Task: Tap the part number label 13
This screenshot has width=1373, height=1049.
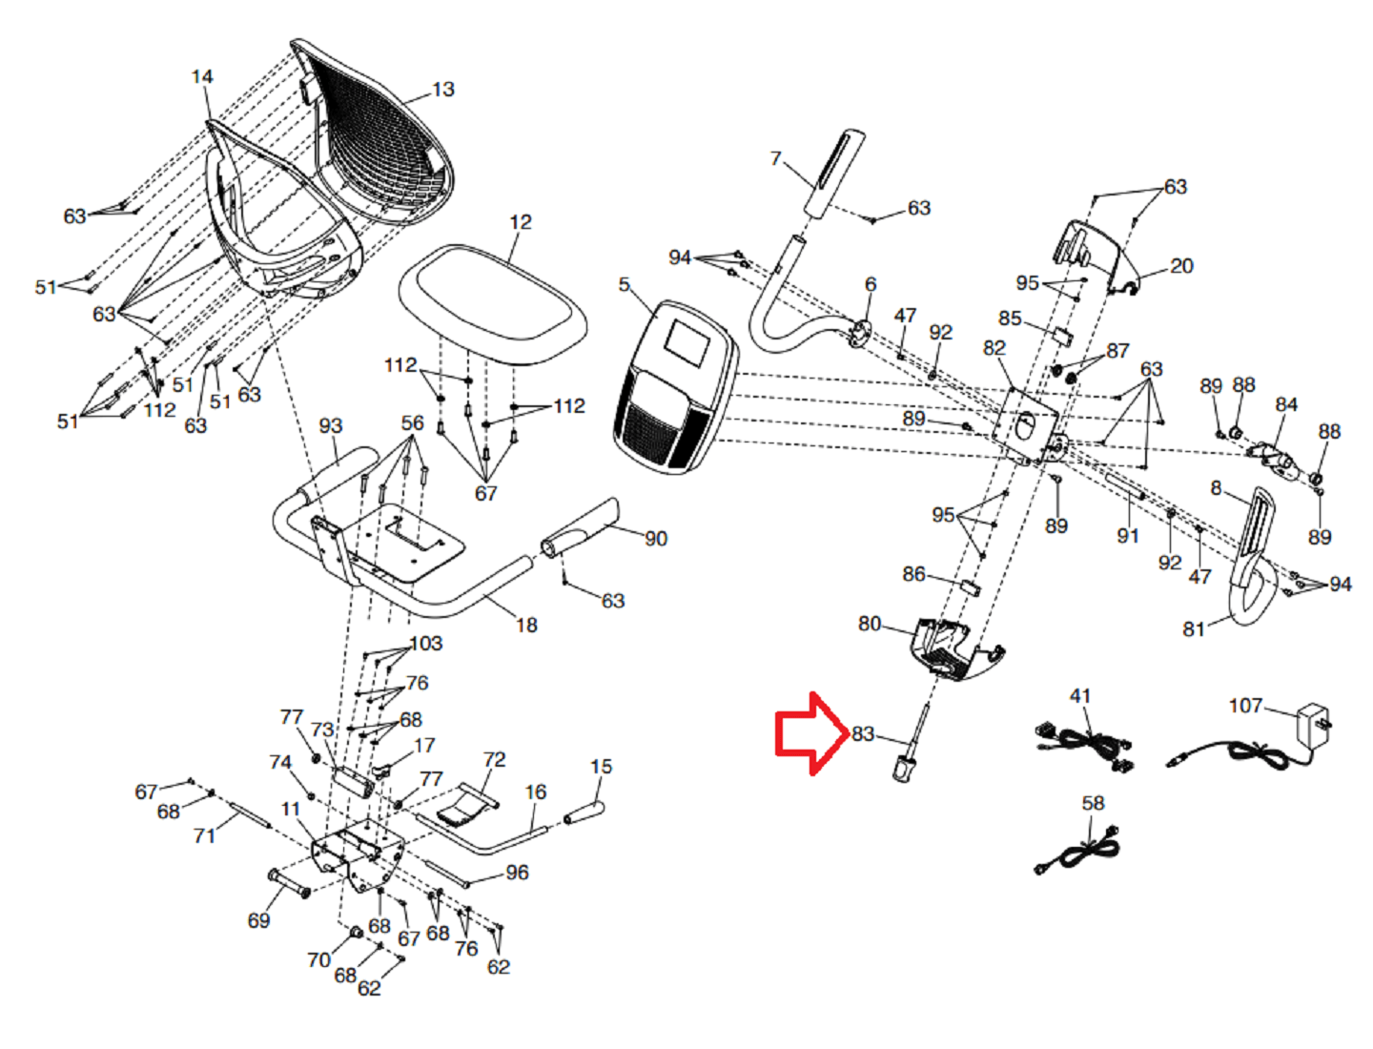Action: coord(443,90)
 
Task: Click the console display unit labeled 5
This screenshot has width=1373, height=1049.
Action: coord(675,386)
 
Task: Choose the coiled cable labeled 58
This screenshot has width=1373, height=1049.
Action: coord(1077,851)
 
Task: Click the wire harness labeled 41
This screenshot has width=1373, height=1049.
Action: coord(1084,743)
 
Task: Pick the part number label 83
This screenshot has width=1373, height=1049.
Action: coord(863,733)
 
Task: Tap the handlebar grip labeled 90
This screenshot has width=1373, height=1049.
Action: coord(581,528)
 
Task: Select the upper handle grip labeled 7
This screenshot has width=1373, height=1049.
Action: coord(836,174)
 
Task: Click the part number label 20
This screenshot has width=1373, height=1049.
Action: coord(1181,266)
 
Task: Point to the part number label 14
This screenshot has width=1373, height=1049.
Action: coord(202,77)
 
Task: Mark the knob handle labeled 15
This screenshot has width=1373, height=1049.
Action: coord(584,813)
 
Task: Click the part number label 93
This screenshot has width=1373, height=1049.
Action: coord(330,425)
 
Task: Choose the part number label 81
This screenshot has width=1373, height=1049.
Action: coord(1194,628)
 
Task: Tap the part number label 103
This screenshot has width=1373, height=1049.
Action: coord(426,644)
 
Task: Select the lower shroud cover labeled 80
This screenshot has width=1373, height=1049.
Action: coord(948,648)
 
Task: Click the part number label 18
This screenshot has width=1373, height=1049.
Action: coord(526,626)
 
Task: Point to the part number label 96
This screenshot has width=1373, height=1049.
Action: coord(517,873)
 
